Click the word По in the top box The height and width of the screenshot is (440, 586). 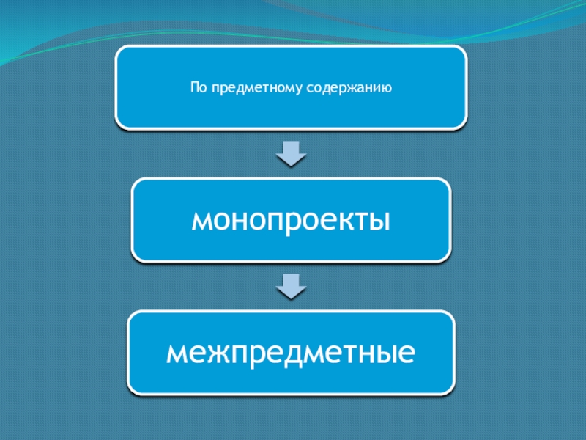198,88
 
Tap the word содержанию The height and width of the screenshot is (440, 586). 346,89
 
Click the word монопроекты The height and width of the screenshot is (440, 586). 291,220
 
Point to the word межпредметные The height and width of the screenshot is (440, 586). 291,353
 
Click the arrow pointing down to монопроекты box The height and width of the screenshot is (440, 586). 291,153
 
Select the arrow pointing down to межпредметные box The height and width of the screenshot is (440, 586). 291,285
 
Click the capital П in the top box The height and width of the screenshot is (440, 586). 195,88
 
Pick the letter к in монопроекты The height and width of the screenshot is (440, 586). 340,221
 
